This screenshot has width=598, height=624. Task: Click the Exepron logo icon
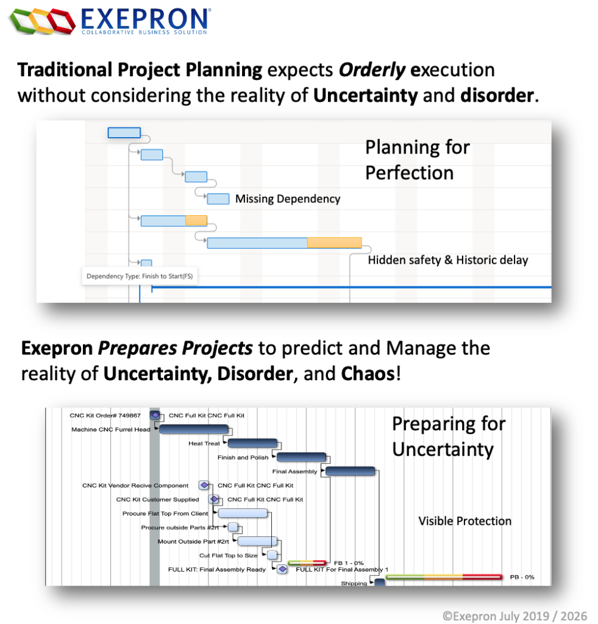pyautogui.click(x=43, y=21)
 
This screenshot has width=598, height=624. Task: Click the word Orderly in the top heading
pyautogui.click(x=372, y=70)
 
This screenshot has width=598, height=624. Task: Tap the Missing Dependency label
pyautogui.click(x=288, y=199)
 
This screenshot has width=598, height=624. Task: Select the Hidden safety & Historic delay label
pyautogui.click(x=448, y=260)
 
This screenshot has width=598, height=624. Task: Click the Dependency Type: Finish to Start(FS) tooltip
pyautogui.click(x=140, y=276)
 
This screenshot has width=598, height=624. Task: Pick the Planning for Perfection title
pyautogui.click(x=417, y=160)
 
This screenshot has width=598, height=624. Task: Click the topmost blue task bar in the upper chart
pyautogui.click(x=124, y=132)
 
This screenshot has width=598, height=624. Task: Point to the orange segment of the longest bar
pyautogui.click(x=334, y=243)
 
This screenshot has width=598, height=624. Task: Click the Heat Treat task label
pyautogui.click(x=204, y=444)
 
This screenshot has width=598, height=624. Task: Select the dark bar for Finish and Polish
pyautogui.click(x=301, y=457)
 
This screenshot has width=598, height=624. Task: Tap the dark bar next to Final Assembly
pyautogui.click(x=351, y=471)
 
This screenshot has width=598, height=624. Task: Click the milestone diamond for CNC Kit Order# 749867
pyautogui.click(x=155, y=415)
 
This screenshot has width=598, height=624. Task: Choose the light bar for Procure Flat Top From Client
pyautogui.click(x=243, y=513)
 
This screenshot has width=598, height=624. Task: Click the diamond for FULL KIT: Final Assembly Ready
pyautogui.click(x=282, y=569)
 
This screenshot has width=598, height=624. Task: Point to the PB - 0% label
pyautogui.click(x=522, y=577)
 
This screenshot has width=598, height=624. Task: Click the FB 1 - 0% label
pyautogui.click(x=349, y=563)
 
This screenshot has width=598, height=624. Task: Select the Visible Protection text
pyautogui.click(x=465, y=521)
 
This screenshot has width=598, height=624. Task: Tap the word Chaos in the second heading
pyautogui.click(x=368, y=374)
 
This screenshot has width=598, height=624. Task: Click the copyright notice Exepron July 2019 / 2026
pyautogui.click(x=514, y=616)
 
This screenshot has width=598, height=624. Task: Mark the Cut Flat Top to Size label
pyautogui.click(x=229, y=555)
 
